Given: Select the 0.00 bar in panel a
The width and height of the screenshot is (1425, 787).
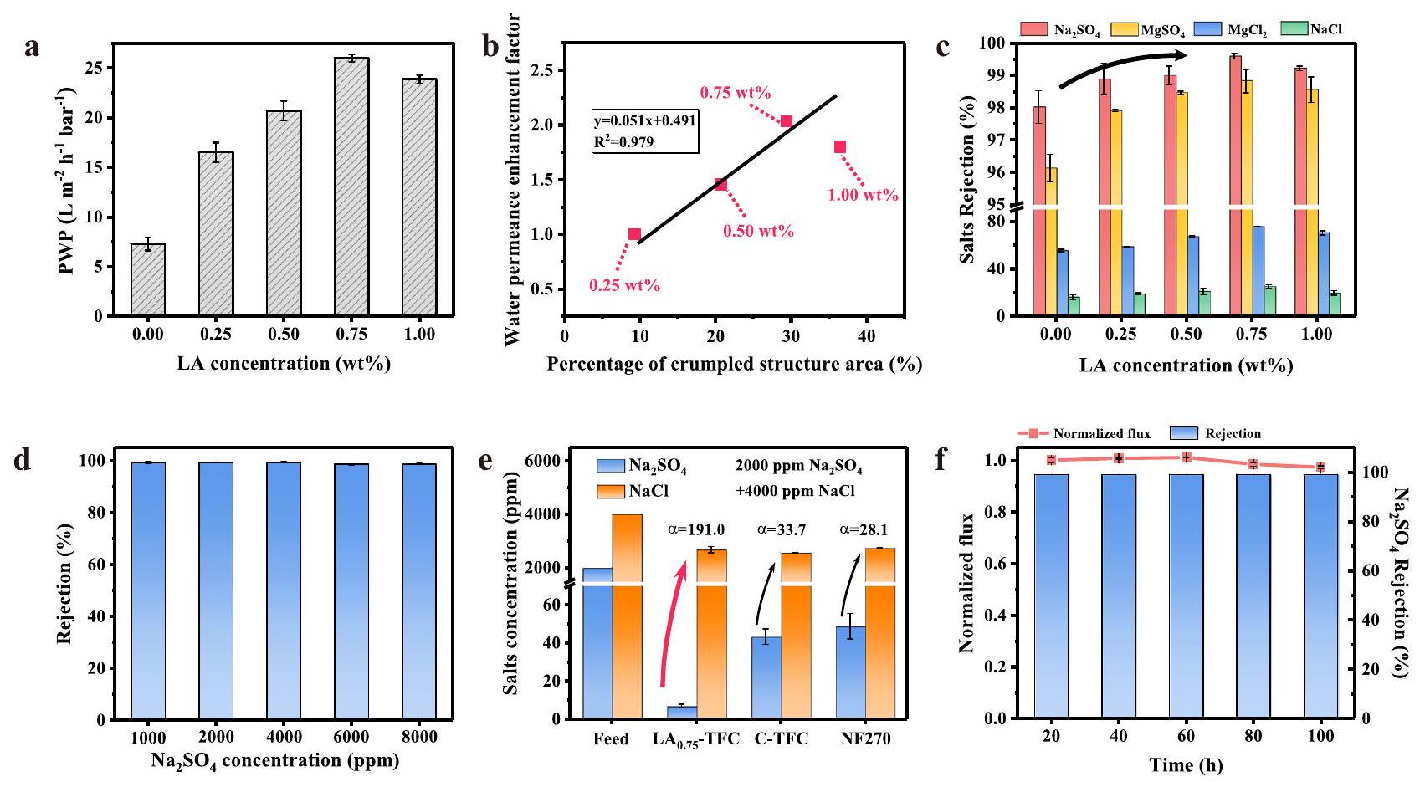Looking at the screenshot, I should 148,279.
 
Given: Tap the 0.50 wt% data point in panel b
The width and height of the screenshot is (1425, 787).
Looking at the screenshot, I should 720,184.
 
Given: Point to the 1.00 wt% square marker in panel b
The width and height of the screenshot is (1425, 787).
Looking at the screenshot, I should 840,147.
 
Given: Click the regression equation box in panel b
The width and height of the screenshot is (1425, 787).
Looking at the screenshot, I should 644,131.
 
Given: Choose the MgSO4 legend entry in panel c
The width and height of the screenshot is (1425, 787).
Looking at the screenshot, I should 1147,30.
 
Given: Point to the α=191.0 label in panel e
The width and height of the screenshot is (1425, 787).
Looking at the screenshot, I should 696,529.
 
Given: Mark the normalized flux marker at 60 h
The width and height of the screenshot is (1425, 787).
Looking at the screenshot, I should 1186,457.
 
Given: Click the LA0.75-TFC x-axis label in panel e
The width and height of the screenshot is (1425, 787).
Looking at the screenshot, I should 695,740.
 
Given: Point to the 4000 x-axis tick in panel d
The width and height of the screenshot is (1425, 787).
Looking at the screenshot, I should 284,737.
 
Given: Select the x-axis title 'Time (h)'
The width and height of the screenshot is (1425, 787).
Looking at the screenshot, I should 1186,764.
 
